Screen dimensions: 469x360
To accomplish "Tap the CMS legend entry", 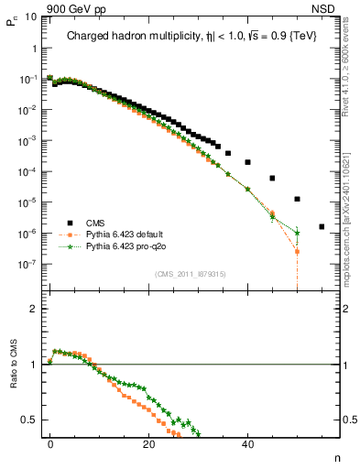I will coord(94,222).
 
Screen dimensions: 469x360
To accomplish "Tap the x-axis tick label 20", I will coord(148,442).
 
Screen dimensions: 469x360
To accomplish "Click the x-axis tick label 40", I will coord(247,442).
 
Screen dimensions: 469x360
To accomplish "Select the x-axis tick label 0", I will coord(49,442).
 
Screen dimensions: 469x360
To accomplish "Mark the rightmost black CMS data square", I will coord(322,226).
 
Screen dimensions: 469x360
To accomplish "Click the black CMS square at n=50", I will coord(297,199).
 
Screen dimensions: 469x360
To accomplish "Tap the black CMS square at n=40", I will coord(247,162).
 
